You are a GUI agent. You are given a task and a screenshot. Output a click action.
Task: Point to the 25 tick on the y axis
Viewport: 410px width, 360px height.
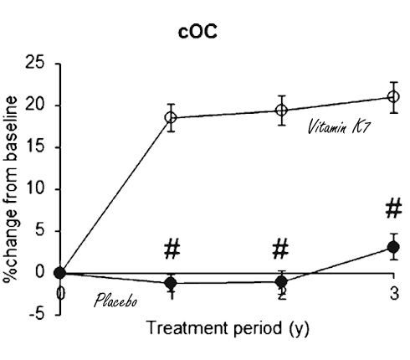35,64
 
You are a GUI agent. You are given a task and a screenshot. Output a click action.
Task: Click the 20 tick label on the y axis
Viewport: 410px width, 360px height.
35,105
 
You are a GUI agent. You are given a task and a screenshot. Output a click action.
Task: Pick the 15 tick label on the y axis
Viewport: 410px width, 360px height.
35,147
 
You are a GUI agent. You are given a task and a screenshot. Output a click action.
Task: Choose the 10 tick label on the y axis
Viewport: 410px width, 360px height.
35,189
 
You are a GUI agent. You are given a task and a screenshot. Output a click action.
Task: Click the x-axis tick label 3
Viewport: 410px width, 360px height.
393,294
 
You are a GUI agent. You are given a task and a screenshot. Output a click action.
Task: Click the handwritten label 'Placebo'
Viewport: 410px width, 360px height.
114,299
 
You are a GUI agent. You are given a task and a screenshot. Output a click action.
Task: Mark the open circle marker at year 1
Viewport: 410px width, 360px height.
171,117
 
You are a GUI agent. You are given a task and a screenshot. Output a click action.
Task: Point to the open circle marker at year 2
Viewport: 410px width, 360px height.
282,110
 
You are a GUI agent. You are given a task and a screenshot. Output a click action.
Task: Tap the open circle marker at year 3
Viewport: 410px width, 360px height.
393,96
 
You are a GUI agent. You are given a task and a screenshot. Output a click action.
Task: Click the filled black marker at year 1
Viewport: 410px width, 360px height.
171,283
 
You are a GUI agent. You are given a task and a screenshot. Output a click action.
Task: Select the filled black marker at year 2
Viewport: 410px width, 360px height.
282,281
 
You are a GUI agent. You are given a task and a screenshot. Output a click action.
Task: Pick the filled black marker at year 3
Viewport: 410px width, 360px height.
393,248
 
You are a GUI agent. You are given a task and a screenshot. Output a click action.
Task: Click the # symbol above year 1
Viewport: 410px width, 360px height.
172,249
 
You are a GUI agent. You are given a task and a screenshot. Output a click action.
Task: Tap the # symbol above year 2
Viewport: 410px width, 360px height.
281,249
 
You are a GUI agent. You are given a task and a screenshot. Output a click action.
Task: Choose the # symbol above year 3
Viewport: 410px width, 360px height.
393,208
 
